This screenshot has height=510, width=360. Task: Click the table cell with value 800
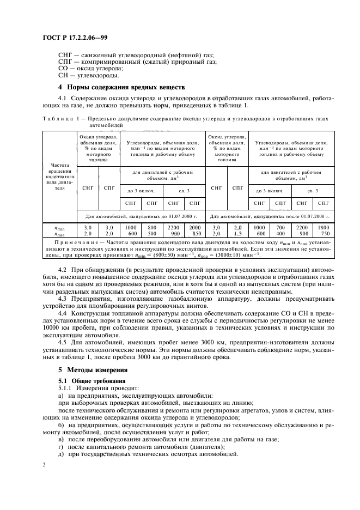[x=152, y=227]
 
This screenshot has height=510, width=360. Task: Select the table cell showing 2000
[x=194, y=227]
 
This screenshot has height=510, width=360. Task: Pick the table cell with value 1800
[x=324, y=227]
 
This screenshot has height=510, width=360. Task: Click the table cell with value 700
[x=281, y=227]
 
